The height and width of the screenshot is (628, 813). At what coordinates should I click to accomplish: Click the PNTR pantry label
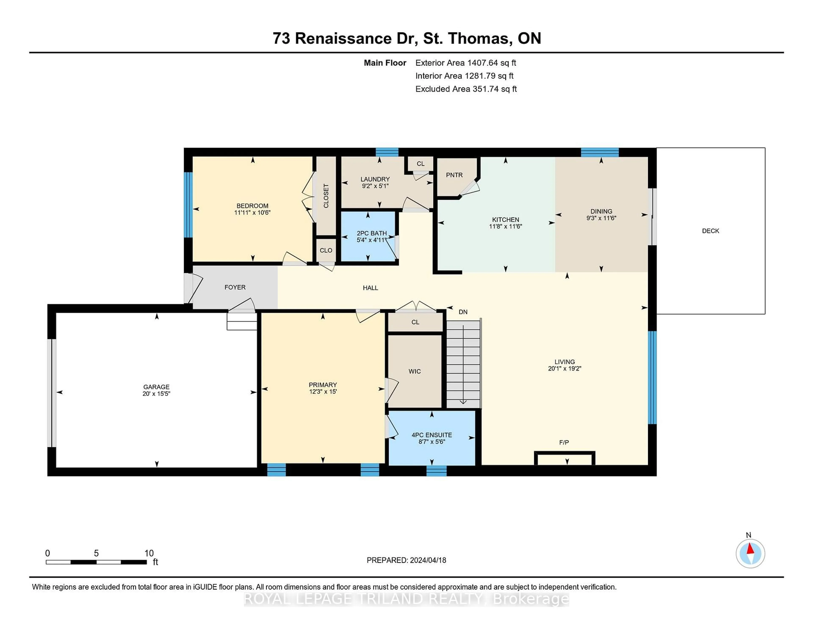coord(454,175)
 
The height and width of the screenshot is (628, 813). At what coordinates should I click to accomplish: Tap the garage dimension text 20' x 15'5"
coord(156,394)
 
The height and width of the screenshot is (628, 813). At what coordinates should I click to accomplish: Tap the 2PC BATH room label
coord(372,233)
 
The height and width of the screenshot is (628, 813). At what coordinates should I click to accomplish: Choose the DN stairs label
coord(463,312)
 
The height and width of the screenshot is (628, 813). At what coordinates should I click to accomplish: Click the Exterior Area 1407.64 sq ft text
coord(465,63)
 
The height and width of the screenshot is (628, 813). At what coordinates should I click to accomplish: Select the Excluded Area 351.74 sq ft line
coord(466,89)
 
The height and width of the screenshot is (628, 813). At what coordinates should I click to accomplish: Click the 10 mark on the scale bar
coord(149,553)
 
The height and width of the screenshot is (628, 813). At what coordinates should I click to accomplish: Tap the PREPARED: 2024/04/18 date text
coord(406,560)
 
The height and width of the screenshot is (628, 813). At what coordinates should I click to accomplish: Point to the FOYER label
coord(235,287)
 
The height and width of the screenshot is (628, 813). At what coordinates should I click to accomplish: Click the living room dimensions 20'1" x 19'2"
coord(564,368)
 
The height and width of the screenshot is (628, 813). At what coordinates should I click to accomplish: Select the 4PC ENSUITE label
coord(431,435)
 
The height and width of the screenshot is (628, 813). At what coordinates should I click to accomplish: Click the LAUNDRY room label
coord(375,179)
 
